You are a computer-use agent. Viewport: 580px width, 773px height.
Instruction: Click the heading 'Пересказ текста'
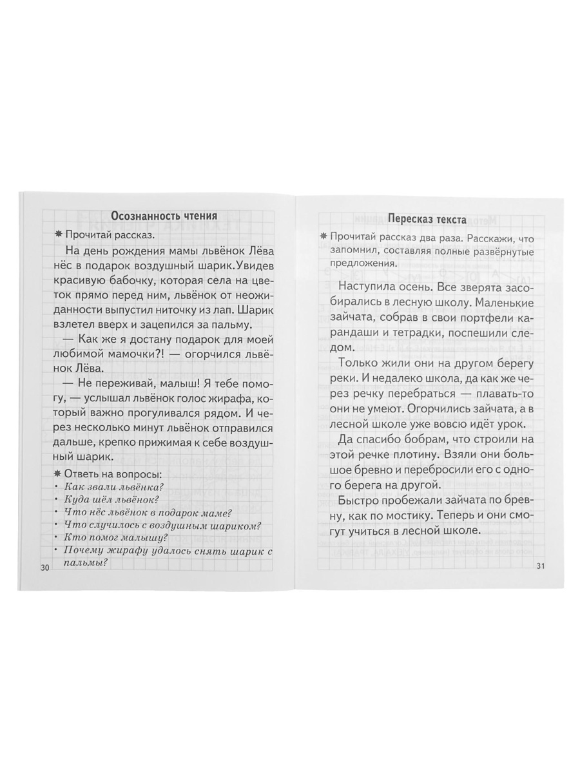point(427,220)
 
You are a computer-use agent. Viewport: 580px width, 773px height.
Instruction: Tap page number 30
point(44,567)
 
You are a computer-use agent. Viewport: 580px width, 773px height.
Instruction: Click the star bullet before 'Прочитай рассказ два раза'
point(314,238)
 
